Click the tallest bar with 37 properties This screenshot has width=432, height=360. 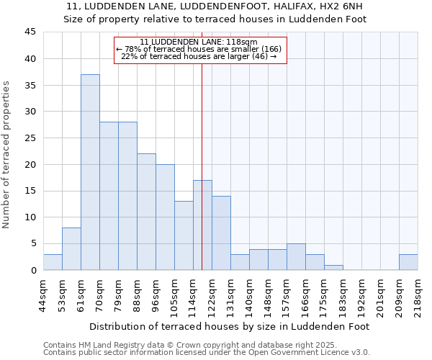90,172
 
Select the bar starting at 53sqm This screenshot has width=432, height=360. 71,248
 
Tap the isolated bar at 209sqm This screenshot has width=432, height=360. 408,262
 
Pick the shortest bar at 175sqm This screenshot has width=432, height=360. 333,267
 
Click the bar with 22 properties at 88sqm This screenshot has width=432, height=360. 146,212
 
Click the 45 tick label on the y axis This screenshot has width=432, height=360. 30,32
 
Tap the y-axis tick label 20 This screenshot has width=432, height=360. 30,164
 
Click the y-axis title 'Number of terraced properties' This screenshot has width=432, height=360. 7,155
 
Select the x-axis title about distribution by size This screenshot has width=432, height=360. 230,326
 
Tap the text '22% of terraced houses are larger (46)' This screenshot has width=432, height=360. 199,56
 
